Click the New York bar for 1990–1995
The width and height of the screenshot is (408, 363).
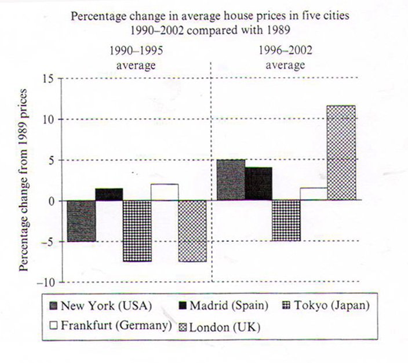[81, 221]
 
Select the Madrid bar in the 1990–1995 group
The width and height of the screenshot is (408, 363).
[109, 195]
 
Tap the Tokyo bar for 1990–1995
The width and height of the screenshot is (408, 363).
[137, 231]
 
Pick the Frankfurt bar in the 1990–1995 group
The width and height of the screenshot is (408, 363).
[165, 193]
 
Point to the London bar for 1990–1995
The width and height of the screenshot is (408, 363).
[192, 231]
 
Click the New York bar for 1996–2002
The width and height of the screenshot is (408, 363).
[230, 180]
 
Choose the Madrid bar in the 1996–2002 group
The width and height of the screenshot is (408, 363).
[258, 184]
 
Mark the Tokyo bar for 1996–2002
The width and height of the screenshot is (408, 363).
[286, 220]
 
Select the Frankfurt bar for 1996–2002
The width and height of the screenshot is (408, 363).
[314, 194]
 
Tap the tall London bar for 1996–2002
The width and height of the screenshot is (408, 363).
[341, 153]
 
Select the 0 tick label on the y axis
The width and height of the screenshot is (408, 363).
[53, 201]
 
